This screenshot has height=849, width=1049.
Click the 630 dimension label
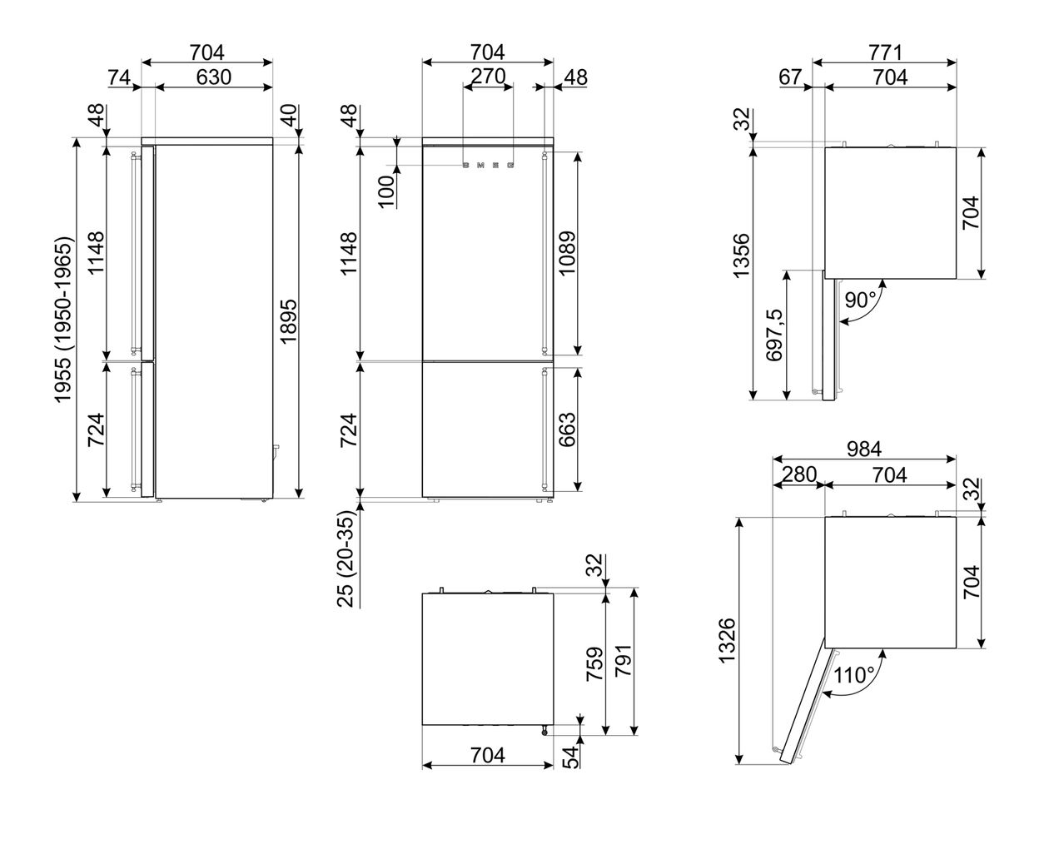tap(213, 77)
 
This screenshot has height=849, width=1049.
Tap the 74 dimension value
tap(119, 77)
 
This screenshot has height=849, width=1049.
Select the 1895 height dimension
tap(288, 321)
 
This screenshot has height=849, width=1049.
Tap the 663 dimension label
tap(567, 429)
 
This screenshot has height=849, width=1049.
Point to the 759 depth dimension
tap(594, 663)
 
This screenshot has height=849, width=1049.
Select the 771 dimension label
tap(885, 52)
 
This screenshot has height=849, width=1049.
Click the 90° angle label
tap(861, 299)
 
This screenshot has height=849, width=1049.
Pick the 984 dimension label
tap(864, 449)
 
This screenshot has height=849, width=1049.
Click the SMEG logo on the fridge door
tap(488, 165)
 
